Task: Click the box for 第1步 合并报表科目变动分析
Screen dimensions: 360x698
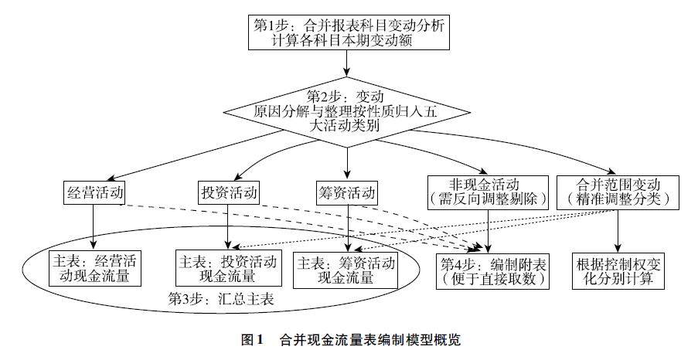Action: [349, 32]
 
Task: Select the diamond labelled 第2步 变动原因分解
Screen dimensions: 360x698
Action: [348, 111]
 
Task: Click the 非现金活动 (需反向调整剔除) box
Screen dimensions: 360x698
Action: [492, 191]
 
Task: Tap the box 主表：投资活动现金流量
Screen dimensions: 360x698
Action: [227, 267]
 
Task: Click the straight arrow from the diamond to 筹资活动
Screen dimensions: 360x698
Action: [348, 162]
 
